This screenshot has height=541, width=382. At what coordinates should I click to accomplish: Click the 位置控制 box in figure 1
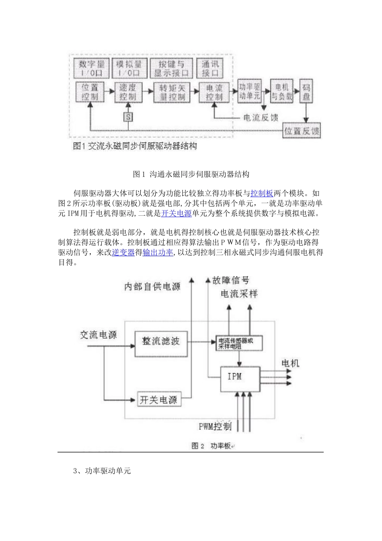pyautogui.click(x=90, y=92)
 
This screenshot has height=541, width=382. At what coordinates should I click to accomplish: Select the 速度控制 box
pyautogui.click(x=128, y=92)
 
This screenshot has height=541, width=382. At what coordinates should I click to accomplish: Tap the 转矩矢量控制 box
pyautogui.click(x=172, y=93)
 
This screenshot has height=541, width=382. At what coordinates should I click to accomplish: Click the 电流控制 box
pyautogui.click(x=214, y=92)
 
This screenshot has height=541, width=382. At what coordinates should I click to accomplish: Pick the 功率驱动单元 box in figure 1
pyautogui.click(x=250, y=91)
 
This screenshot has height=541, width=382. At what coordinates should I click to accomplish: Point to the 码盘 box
pyautogui.click(x=306, y=91)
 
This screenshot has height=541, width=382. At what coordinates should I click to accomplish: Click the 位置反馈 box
pyautogui.click(x=302, y=131)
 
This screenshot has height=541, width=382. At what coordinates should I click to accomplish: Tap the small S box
pyautogui.click(x=128, y=117)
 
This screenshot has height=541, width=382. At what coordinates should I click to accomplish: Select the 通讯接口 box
pyautogui.click(x=210, y=69)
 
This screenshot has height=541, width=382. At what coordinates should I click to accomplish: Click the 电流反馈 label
pyautogui.click(x=261, y=118)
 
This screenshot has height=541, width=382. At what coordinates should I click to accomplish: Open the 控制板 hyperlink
pyautogui.click(x=262, y=193)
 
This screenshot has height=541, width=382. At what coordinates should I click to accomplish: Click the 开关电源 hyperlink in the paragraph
pyautogui.click(x=177, y=213)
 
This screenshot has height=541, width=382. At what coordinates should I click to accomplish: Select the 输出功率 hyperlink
pyautogui.click(x=158, y=252)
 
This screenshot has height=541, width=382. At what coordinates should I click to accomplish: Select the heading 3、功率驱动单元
pyautogui.click(x=102, y=471)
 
